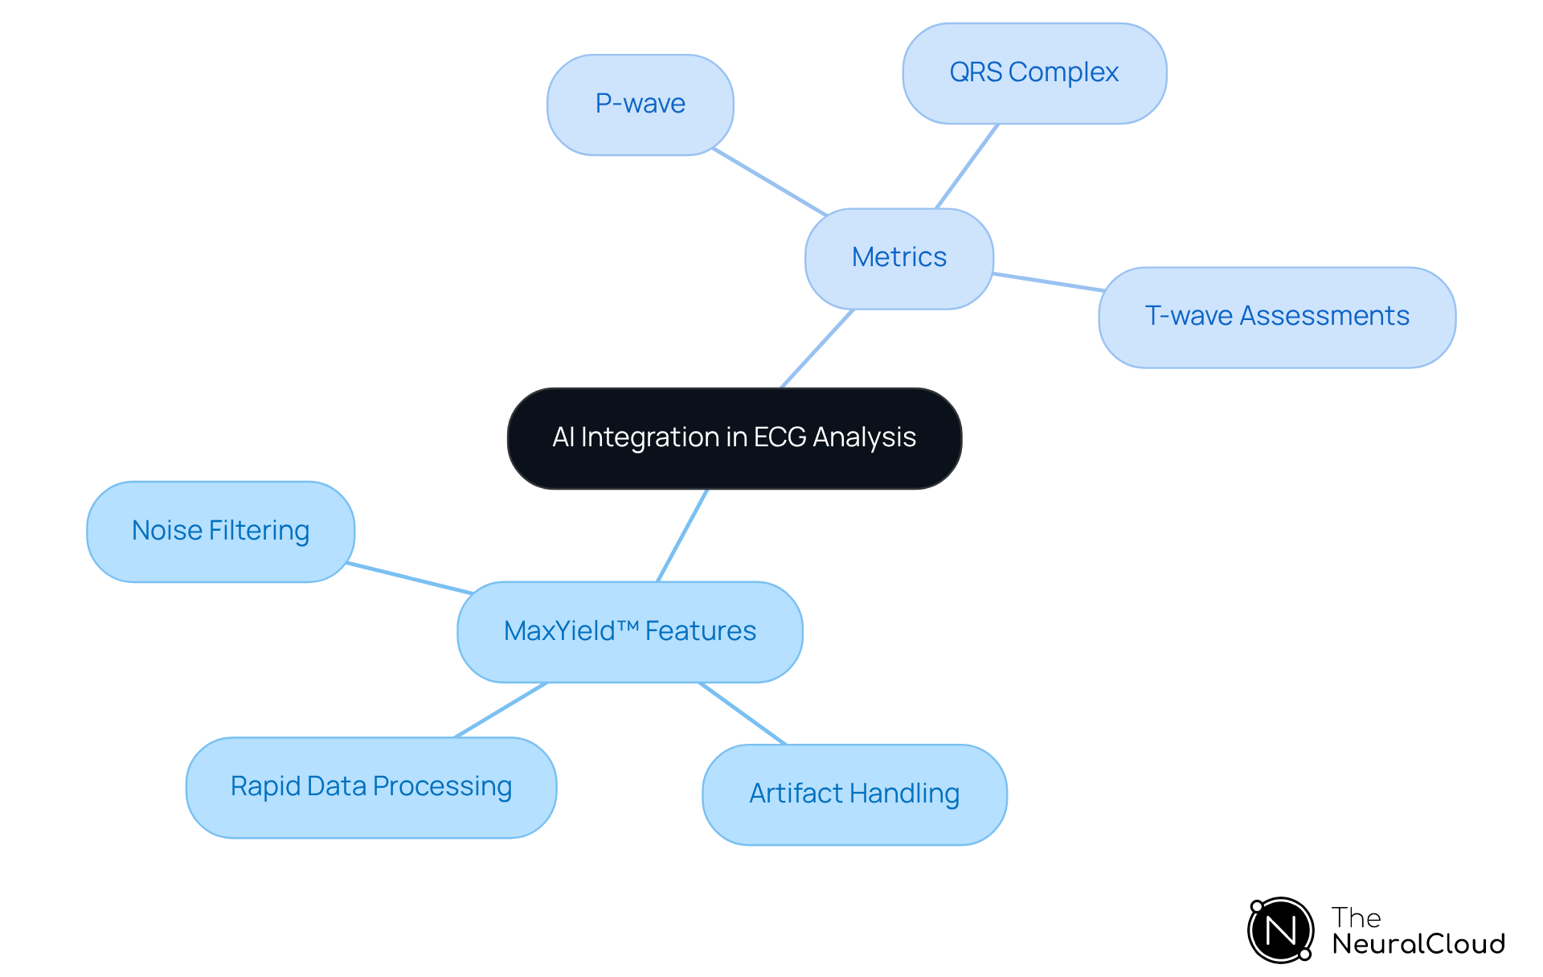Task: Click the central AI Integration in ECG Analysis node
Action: [x=735, y=438]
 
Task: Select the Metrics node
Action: [x=898, y=258]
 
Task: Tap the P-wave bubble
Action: [x=640, y=105]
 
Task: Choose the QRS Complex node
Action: [x=1034, y=73]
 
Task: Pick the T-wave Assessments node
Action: [x=1276, y=317]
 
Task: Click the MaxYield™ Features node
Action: [x=629, y=632]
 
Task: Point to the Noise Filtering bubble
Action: [x=220, y=532]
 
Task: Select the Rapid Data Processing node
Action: [x=370, y=787]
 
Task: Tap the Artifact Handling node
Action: [x=854, y=794]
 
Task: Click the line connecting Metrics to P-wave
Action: [x=769, y=182]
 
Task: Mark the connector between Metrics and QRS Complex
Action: [x=967, y=166]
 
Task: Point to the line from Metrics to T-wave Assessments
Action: [x=1048, y=282]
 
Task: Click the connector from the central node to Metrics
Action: [x=817, y=349]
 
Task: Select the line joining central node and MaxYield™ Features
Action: [x=682, y=536]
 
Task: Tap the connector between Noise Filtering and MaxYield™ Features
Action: [x=410, y=578]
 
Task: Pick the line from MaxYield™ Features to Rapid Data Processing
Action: [x=501, y=710]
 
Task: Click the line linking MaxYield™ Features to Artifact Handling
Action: [x=742, y=713]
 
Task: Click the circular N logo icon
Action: [x=1280, y=930]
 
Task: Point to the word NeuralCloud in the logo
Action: [x=1418, y=943]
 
